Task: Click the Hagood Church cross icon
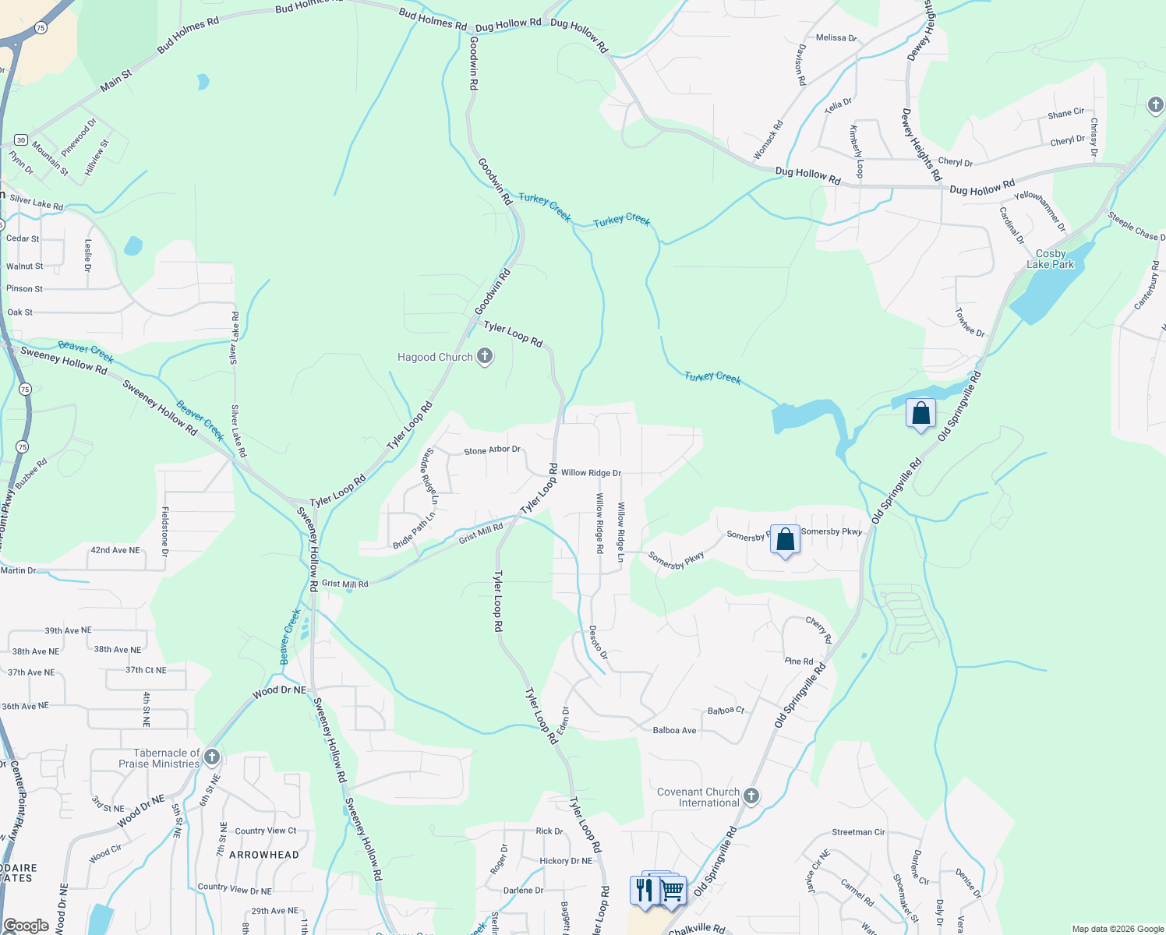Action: pyautogui.click(x=485, y=357)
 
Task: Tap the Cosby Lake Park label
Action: pyautogui.click(x=1050, y=259)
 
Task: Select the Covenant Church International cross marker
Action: pyautogui.click(x=751, y=796)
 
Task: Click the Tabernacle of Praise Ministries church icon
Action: pyautogui.click(x=211, y=757)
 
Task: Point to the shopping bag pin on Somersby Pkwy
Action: pyautogui.click(x=785, y=539)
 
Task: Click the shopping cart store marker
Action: pyautogui.click(x=672, y=889)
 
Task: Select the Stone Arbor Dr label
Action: pyautogui.click(x=492, y=450)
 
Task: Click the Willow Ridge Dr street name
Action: pyautogui.click(x=591, y=473)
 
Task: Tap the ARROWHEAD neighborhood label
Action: pyautogui.click(x=264, y=855)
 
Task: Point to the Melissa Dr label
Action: pyautogui.click(x=836, y=37)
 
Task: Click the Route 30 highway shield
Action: pyautogui.click(x=21, y=140)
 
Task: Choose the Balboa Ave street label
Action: pyautogui.click(x=674, y=730)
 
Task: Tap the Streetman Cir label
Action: pyautogui.click(x=858, y=832)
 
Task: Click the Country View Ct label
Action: pyautogui.click(x=266, y=831)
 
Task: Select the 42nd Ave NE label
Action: pyautogui.click(x=115, y=550)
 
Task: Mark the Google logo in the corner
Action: pyautogui.click(x=26, y=925)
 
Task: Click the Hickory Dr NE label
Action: pyautogui.click(x=566, y=861)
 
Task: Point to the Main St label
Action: pyautogui.click(x=116, y=80)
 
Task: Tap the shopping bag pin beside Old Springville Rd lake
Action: pyautogui.click(x=920, y=413)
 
